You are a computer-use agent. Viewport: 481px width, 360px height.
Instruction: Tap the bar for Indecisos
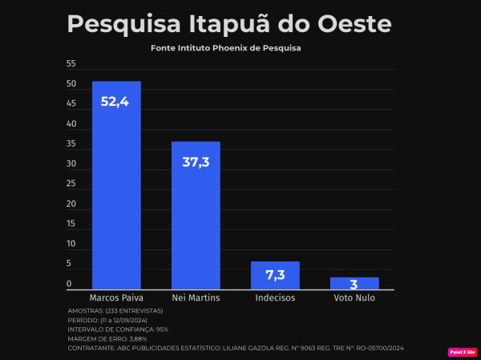pyautogui.click(x=275, y=275)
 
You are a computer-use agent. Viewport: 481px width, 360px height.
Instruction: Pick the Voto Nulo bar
pyautogui.click(x=354, y=283)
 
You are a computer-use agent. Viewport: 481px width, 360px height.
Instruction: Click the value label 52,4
pyautogui.click(x=115, y=102)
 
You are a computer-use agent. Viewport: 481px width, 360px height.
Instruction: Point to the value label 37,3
pyautogui.click(x=196, y=162)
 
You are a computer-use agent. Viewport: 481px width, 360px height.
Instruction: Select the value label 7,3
pyautogui.click(x=275, y=275)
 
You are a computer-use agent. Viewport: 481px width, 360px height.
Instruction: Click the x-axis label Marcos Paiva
pyautogui.click(x=117, y=297)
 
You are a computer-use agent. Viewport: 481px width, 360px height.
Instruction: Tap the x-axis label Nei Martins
pyautogui.click(x=196, y=297)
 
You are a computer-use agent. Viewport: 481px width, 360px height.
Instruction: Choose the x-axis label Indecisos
pyautogui.click(x=275, y=297)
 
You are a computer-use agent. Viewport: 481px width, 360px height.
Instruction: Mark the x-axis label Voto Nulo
pyautogui.click(x=354, y=297)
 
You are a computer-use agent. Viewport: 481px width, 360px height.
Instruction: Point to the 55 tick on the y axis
pyautogui.click(x=71, y=64)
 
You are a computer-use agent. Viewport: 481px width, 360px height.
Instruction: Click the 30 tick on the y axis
pyautogui.click(x=71, y=164)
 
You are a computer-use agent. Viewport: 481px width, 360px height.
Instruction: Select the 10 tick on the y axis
pyautogui.click(x=71, y=243)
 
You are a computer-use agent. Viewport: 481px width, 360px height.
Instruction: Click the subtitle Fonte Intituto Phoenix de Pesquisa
pyautogui.click(x=231, y=48)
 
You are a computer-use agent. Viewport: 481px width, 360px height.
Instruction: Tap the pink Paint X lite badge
pyautogui.click(x=463, y=351)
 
